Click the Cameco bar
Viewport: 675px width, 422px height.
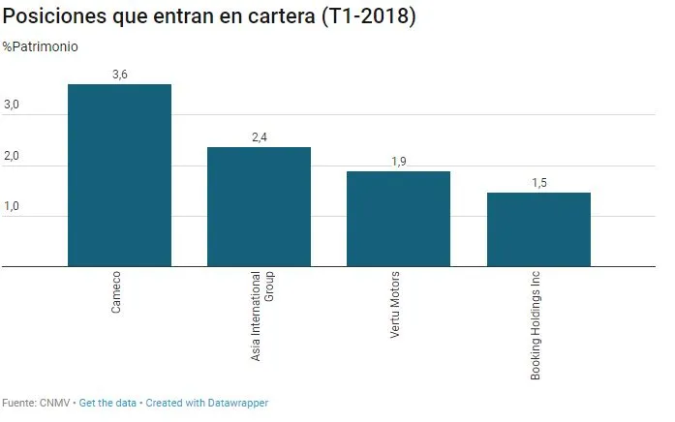(x=119, y=174)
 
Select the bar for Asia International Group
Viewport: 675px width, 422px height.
(x=259, y=206)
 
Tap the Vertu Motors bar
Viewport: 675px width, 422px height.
(x=398, y=219)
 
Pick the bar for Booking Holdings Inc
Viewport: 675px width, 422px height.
(x=538, y=229)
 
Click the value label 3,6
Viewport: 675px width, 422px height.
(x=120, y=75)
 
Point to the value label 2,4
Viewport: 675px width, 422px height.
(x=259, y=137)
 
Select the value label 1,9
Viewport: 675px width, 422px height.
(x=399, y=162)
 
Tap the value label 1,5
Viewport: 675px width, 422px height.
(x=538, y=182)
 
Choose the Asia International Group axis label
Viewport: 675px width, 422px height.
(x=262, y=316)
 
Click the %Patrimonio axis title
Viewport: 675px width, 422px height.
(x=41, y=46)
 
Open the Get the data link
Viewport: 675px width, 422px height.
(x=107, y=403)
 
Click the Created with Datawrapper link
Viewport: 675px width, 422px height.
(x=207, y=403)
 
